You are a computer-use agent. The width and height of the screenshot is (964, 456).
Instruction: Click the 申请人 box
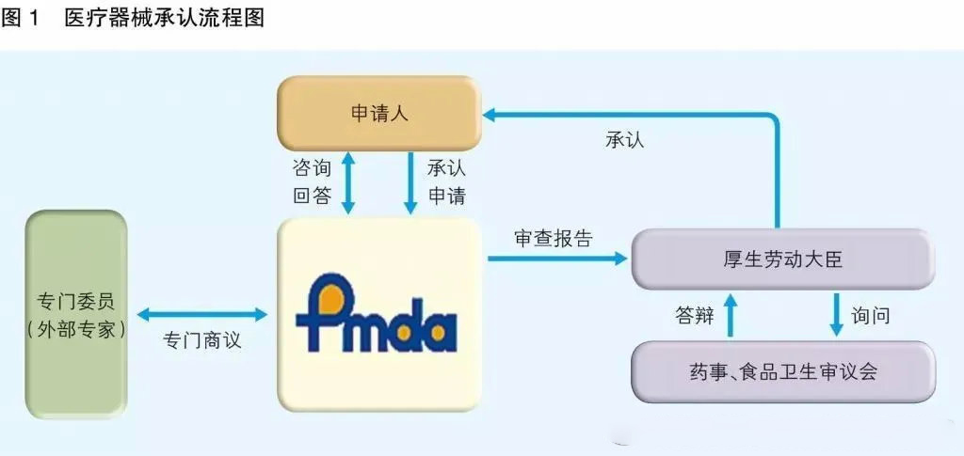[378, 114]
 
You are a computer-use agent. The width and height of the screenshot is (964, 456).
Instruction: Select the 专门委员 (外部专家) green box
[75, 315]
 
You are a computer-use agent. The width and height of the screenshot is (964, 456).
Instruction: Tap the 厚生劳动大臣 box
[782, 259]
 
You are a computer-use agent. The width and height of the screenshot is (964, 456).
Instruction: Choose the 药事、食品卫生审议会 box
[782, 370]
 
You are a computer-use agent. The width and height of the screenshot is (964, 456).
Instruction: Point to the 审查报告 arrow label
[554, 238]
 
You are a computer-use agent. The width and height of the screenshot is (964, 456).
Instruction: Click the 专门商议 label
[202, 339]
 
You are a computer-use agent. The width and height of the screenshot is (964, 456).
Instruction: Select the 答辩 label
[695, 316]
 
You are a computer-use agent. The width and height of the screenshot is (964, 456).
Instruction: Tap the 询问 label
[870, 316]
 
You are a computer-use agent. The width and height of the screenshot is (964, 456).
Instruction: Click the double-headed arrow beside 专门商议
[202, 315]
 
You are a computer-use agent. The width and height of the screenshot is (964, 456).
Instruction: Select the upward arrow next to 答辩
[731, 314]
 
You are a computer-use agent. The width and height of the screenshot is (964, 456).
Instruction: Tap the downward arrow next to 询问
[835, 314]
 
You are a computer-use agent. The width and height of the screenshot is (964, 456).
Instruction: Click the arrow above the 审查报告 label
[556, 256]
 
